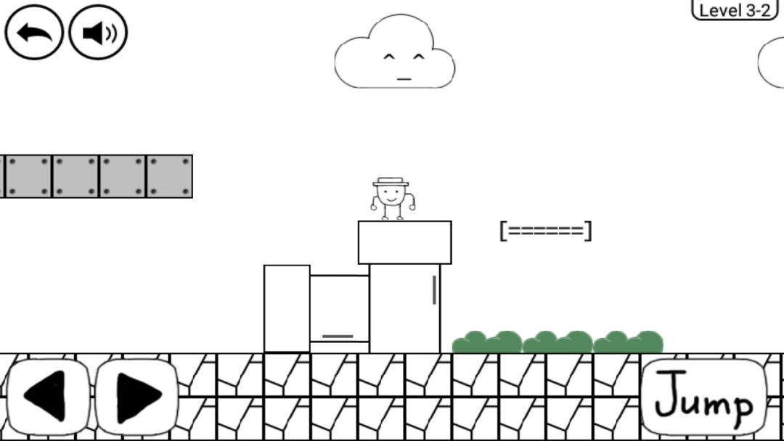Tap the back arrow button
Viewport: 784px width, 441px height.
(x=34, y=33)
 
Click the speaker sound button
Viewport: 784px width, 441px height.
(x=98, y=33)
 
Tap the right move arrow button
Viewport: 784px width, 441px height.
(x=136, y=396)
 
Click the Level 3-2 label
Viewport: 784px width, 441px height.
(x=735, y=10)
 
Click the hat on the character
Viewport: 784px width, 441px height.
(x=391, y=182)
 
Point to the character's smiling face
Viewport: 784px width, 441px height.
(x=391, y=195)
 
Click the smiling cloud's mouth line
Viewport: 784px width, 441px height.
(x=404, y=79)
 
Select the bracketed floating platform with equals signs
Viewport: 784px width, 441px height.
(x=545, y=231)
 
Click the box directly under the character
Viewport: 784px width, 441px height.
(x=404, y=243)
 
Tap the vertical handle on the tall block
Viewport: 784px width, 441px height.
(x=434, y=290)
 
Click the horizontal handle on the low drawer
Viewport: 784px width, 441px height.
(x=338, y=337)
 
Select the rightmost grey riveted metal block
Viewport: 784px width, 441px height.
(x=169, y=176)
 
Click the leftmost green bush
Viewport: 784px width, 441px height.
(x=487, y=342)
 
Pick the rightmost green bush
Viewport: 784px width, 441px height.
(x=628, y=342)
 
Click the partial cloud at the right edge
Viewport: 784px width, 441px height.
(x=771, y=63)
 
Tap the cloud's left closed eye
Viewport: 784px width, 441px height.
(x=389, y=57)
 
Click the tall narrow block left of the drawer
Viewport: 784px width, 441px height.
(x=287, y=309)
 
